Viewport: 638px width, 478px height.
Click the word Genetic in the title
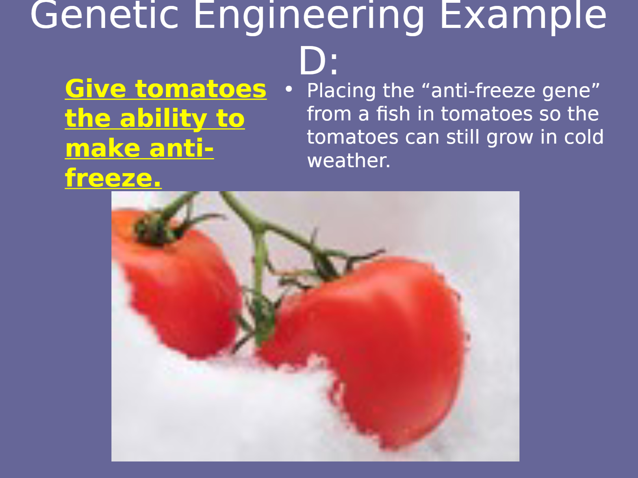(x=104, y=15)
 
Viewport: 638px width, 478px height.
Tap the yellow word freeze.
(x=113, y=177)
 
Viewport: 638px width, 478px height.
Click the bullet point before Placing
(x=288, y=89)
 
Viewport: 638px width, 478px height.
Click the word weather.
(x=349, y=161)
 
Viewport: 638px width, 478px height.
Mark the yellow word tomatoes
(x=201, y=89)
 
